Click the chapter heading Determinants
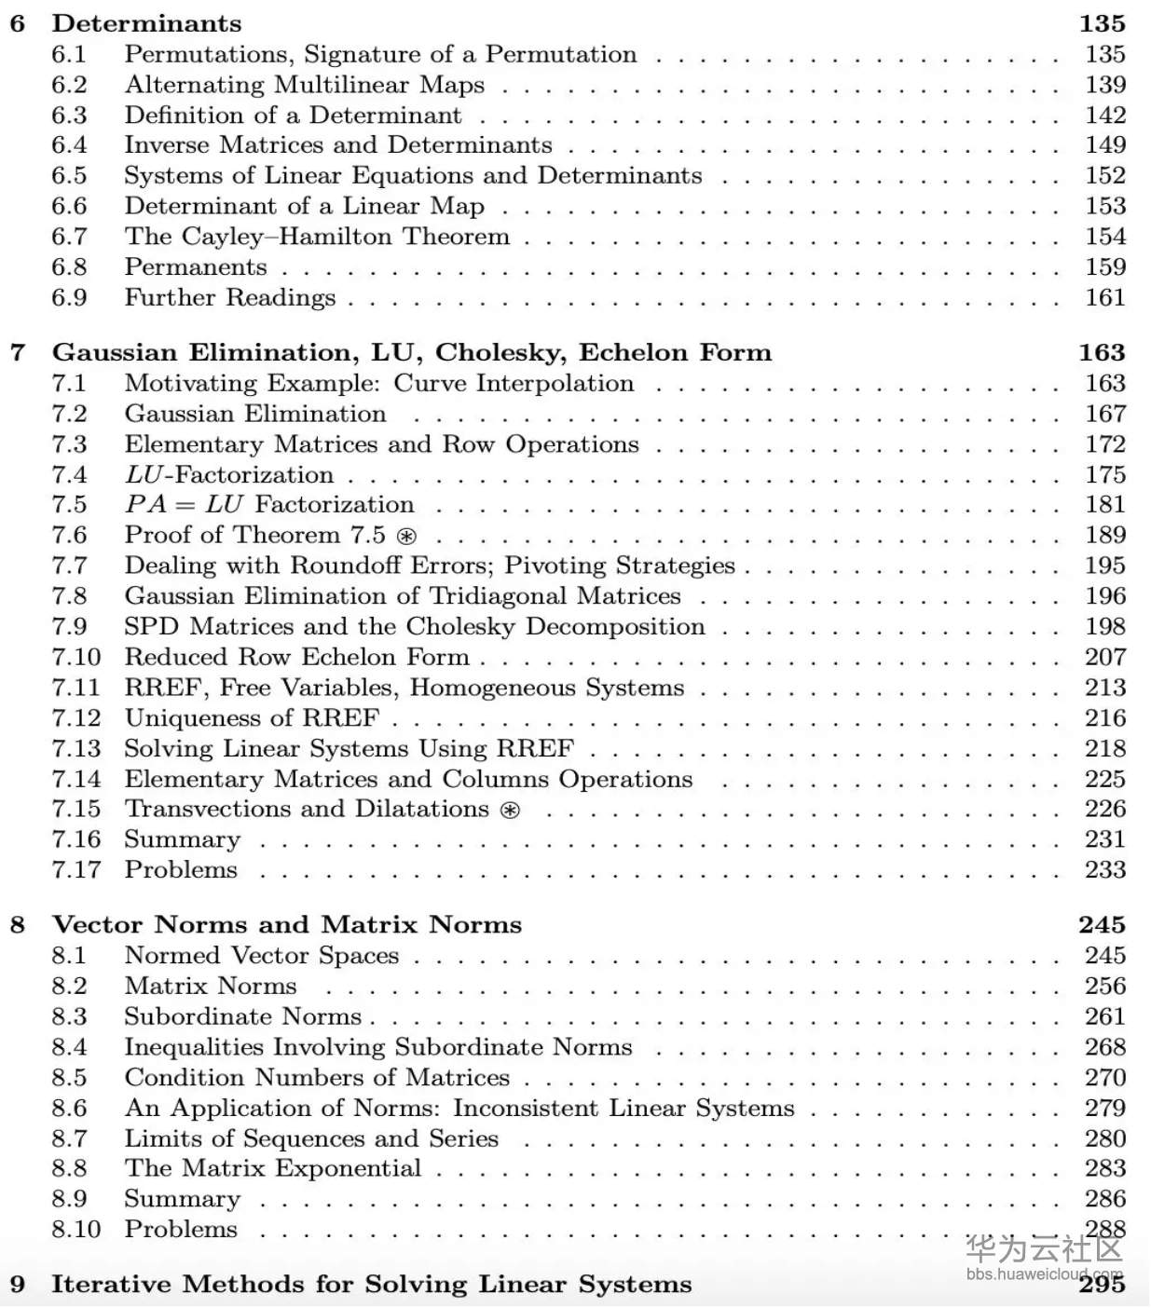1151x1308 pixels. pyautogui.click(x=146, y=23)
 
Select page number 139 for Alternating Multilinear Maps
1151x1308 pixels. pyautogui.click(x=1105, y=85)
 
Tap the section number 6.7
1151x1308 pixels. pyautogui.click(x=69, y=237)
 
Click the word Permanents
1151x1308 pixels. pyautogui.click(x=196, y=267)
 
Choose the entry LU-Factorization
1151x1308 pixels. pyautogui.click(x=229, y=475)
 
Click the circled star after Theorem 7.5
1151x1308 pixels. pyautogui.click(x=406, y=537)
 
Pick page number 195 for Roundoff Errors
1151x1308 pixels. pyautogui.click(x=1105, y=565)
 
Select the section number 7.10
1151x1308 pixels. pyautogui.click(x=75, y=657)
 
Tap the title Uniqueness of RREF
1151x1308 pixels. pyautogui.click(x=252, y=718)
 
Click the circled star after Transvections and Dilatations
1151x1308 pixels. pyautogui.click(x=510, y=810)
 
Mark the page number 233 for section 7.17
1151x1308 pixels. pyautogui.click(x=1105, y=870)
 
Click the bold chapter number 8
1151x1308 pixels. pyautogui.click(x=18, y=925)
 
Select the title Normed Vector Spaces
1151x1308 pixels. pyautogui.click(x=262, y=956)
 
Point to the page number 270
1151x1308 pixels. pyautogui.click(x=1105, y=1078)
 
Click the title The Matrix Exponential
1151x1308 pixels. pyautogui.click(x=273, y=1168)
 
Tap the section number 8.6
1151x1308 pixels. pyautogui.click(x=69, y=1109)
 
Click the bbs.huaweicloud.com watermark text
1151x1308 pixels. pyautogui.click(x=1044, y=1274)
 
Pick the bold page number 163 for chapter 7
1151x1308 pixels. pyautogui.click(x=1102, y=353)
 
